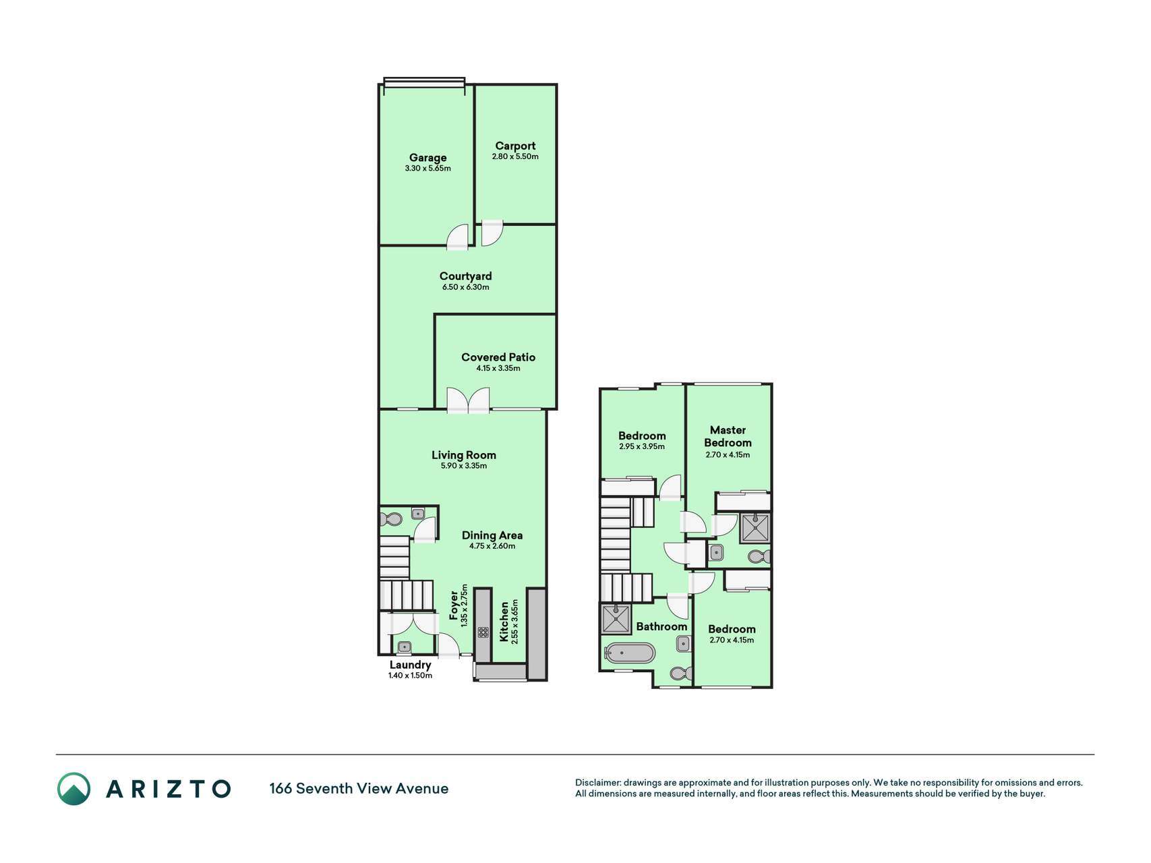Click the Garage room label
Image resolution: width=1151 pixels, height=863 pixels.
427,158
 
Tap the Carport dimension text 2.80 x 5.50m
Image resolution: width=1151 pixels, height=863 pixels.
515,156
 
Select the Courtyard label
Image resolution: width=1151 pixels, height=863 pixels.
465,276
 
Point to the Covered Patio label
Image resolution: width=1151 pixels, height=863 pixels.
498,357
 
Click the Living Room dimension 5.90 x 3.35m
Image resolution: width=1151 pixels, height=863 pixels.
464,466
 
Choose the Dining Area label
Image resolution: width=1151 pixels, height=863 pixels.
492,535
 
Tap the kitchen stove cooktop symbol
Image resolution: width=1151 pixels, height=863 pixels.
483,632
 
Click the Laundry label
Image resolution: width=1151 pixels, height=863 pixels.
410,665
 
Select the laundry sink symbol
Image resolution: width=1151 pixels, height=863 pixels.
404,647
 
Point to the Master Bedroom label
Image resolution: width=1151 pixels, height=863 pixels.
728,436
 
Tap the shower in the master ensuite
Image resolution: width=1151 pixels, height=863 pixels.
755,528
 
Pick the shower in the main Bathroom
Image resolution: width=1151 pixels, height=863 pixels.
616,619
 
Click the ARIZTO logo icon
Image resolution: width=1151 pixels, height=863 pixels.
73,789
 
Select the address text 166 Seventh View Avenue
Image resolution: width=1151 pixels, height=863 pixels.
359,789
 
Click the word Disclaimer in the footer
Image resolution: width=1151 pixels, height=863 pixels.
597,783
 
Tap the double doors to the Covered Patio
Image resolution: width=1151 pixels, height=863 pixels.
468,399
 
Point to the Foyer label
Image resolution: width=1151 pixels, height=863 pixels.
454,605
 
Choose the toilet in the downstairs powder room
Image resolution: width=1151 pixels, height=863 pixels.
390,520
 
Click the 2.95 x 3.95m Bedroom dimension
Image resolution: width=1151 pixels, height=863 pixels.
642,446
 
